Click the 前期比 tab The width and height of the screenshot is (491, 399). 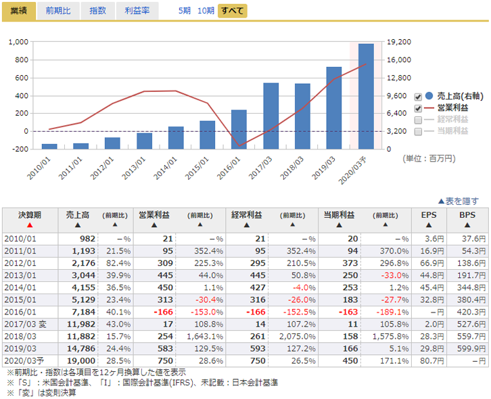coord(57,11)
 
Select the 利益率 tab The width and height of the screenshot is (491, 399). coord(137,11)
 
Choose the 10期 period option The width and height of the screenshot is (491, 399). coord(206,11)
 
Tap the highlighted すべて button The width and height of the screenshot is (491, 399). coord(232,11)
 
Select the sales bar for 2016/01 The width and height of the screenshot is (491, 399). coord(239,129)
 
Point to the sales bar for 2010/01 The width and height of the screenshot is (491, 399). coord(49,146)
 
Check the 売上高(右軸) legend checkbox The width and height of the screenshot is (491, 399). coord(418,96)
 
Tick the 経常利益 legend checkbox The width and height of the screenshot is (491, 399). coord(418,119)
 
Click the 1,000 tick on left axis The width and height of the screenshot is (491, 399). coord(18,42)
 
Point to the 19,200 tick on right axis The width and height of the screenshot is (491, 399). coord(398,42)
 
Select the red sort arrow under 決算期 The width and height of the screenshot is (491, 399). coord(30,225)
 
